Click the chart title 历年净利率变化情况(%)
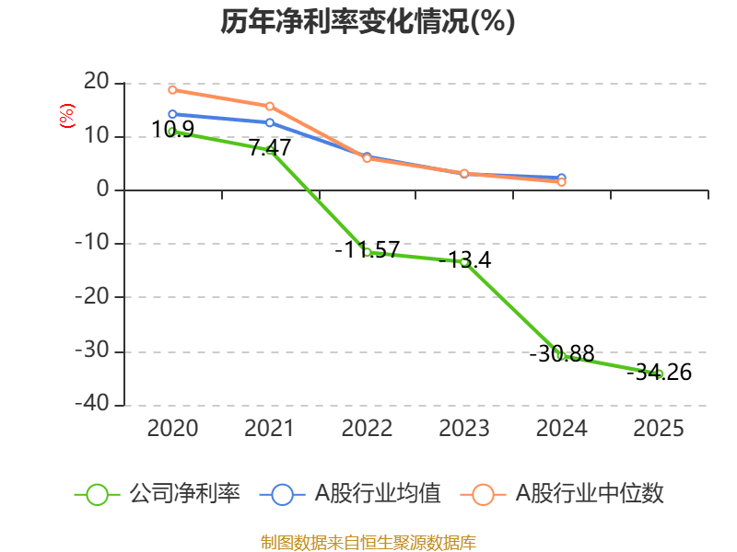pyautogui.click(x=368, y=21)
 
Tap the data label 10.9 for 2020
pyautogui.click(x=172, y=130)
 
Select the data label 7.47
pyautogui.click(x=270, y=147)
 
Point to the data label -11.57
pyautogui.click(x=367, y=249)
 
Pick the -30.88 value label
pyautogui.click(x=562, y=353)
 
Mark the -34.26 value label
pyautogui.click(x=659, y=373)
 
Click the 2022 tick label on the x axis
pyautogui.click(x=367, y=428)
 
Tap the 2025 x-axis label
pyautogui.click(x=659, y=428)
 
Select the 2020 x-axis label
pyautogui.click(x=172, y=428)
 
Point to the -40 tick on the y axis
pyautogui.click(x=95, y=405)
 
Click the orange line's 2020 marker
pyautogui.click(x=172, y=89)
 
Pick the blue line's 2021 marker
pyautogui.click(x=270, y=122)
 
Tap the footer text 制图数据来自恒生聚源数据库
pyautogui.click(x=368, y=542)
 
